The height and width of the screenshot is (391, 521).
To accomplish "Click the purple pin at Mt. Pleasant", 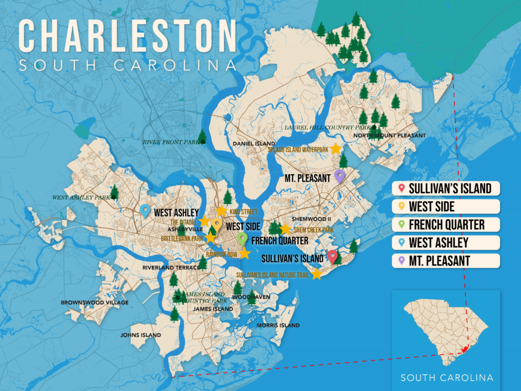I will (x=340, y=176).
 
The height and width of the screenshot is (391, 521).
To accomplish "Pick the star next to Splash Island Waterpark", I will (x=336, y=148).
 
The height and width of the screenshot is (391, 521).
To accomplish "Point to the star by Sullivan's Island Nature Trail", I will (x=316, y=274).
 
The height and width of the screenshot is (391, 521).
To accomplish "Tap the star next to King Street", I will (x=221, y=210).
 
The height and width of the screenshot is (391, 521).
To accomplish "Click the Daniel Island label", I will (x=247, y=144).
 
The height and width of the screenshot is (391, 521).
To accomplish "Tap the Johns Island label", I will (x=141, y=335).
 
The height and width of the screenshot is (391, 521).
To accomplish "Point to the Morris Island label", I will (x=278, y=325).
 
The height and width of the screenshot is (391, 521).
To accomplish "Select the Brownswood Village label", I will (x=94, y=302).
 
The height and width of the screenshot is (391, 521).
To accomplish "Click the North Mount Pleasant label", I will (x=389, y=136).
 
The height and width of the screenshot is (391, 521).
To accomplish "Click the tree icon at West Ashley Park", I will (x=115, y=191).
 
